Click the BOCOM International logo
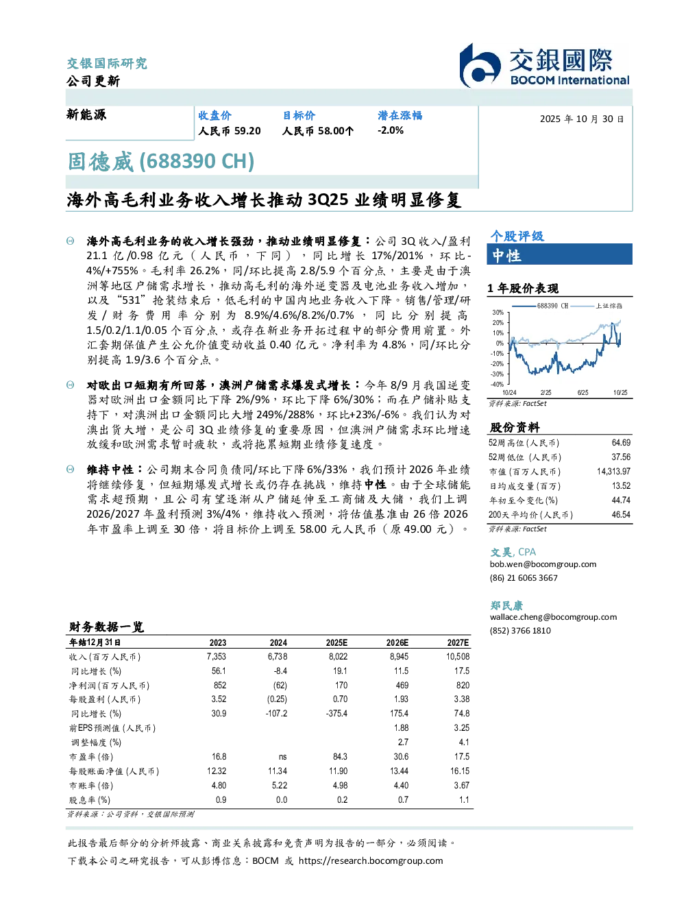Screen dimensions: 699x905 coord(544,65)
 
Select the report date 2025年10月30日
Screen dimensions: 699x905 coord(582,119)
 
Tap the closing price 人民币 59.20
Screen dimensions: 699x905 coord(230,131)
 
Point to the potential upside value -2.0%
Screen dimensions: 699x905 coord(390,130)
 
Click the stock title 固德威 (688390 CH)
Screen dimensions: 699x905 coord(161,161)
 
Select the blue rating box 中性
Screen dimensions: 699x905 coord(559,254)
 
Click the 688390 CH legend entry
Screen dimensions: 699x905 coord(540,306)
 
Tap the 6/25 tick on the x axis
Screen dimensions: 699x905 coord(582,392)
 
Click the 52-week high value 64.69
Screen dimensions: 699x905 coord(621,442)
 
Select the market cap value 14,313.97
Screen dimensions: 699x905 coord(613,471)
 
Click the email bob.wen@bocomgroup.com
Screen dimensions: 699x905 coord(543,564)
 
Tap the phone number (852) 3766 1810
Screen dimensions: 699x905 coord(520,631)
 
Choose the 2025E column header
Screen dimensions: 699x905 coord(336,642)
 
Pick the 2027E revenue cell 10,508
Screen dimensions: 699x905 coord(458,656)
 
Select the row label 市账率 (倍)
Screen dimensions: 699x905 coord(90,786)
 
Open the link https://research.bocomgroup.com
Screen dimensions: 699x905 coord(371,860)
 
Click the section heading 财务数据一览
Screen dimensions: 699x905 coord(106,627)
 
